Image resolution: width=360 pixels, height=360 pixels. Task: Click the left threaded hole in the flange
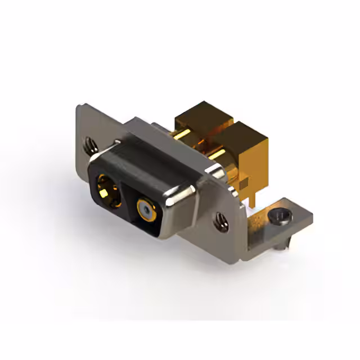pos(91,146)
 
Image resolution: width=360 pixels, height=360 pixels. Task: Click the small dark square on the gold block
pos(243,184)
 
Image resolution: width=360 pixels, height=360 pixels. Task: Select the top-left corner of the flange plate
pos(79,106)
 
